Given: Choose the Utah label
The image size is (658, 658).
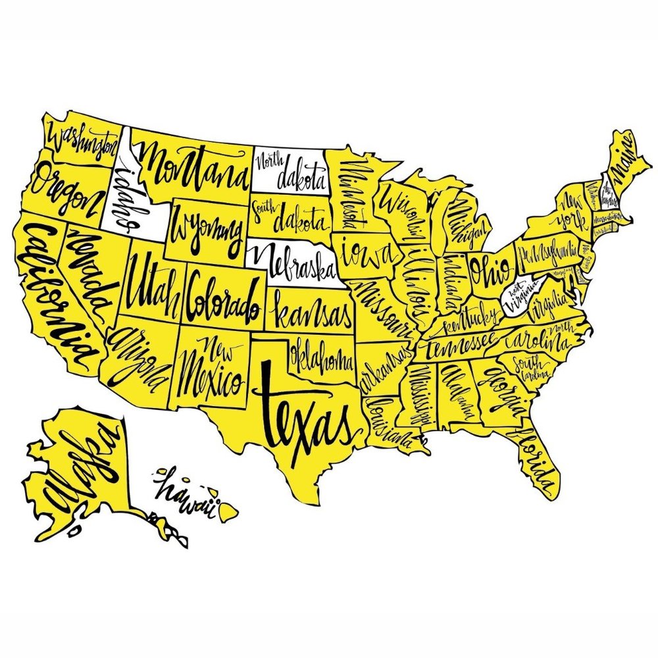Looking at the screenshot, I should pos(153,286).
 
